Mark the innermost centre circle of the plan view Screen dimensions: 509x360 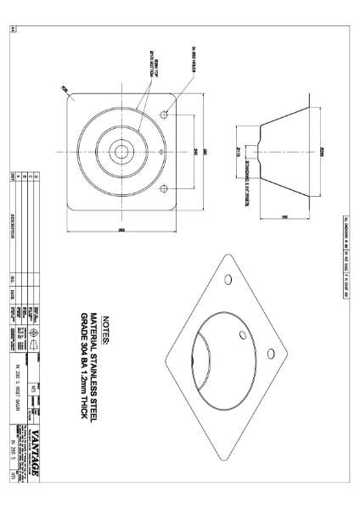[x=124, y=151]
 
